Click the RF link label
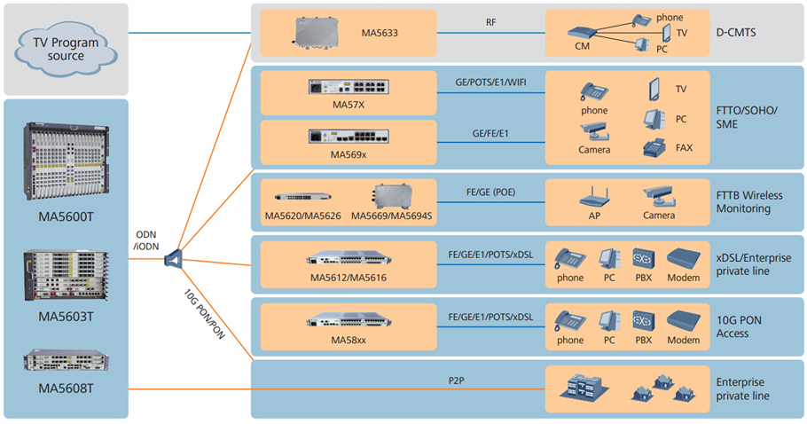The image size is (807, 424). [490, 22]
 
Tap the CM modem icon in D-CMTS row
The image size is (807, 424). [583, 33]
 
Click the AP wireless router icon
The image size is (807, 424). [594, 197]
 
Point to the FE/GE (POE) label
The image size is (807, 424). [490, 192]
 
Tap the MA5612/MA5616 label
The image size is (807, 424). [348, 278]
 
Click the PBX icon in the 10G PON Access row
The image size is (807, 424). [643, 320]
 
